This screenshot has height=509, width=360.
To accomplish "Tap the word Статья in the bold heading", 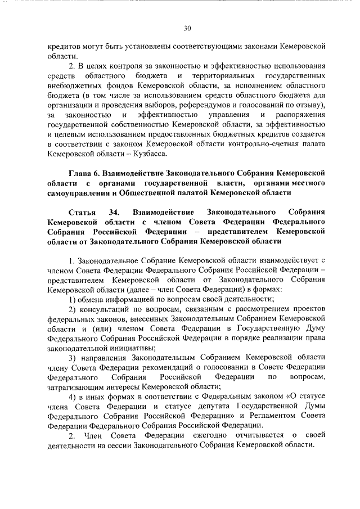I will coord(82,211).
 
